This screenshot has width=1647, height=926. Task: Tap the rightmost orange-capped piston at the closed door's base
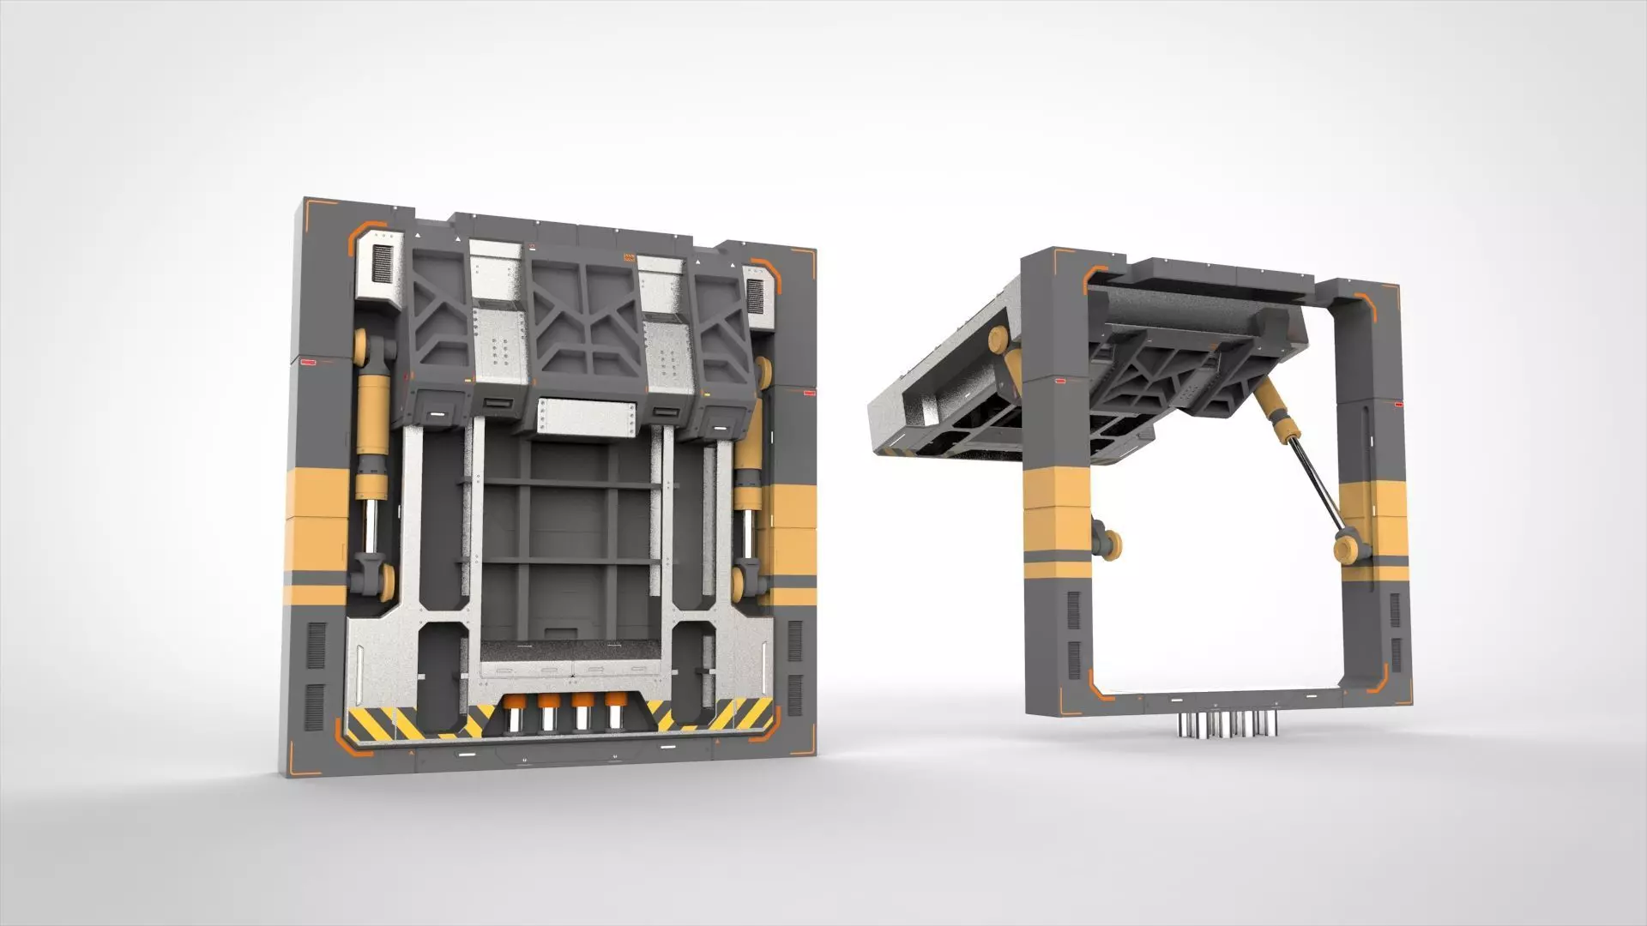(x=614, y=711)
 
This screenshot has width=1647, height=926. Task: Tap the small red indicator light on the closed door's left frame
(x=306, y=364)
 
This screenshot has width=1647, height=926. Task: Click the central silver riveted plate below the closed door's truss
(x=587, y=418)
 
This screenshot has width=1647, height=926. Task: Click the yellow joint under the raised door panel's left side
(x=999, y=342)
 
